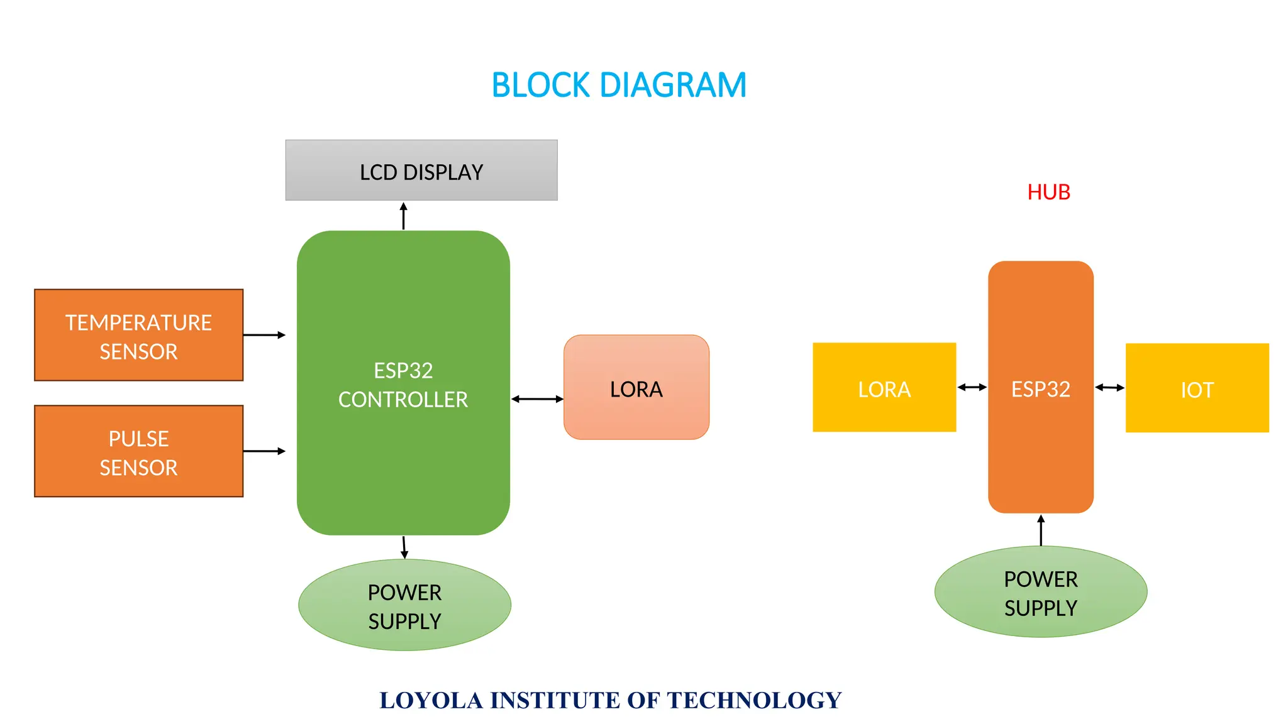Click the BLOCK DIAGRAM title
tap(619, 85)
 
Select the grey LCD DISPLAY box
tap(421, 170)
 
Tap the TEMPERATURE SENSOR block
tap(138, 335)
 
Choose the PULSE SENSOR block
tap(138, 451)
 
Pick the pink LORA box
tap(636, 388)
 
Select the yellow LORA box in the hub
tap(884, 388)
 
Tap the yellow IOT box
tap(1197, 388)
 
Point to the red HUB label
tap(1048, 192)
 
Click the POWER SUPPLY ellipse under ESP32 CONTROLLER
tap(404, 605)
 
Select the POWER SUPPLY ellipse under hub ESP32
tap(1040, 592)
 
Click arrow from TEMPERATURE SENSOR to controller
tap(264, 335)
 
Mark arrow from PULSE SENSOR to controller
tap(264, 451)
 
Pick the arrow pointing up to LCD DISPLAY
tap(404, 216)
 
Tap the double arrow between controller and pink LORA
tap(537, 399)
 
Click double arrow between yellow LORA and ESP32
tap(972, 387)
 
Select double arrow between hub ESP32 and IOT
tap(1109, 387)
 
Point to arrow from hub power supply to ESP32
tap(1041, 530)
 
